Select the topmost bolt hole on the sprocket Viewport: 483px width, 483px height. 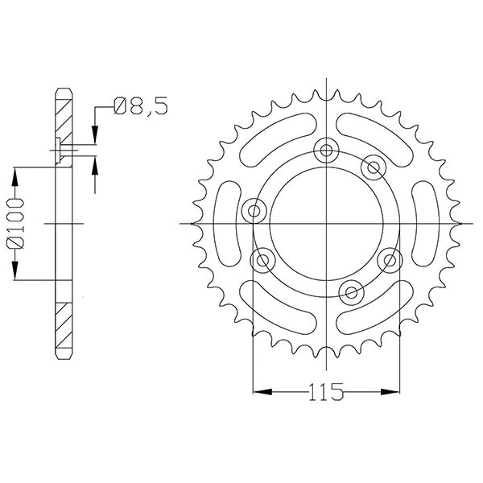[x=326, y=149]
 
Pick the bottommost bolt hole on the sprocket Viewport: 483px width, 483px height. [x=350, y=289]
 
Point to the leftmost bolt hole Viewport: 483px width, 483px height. [x=255, y=212]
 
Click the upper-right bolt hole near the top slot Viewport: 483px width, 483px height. [x=372, y=167]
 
